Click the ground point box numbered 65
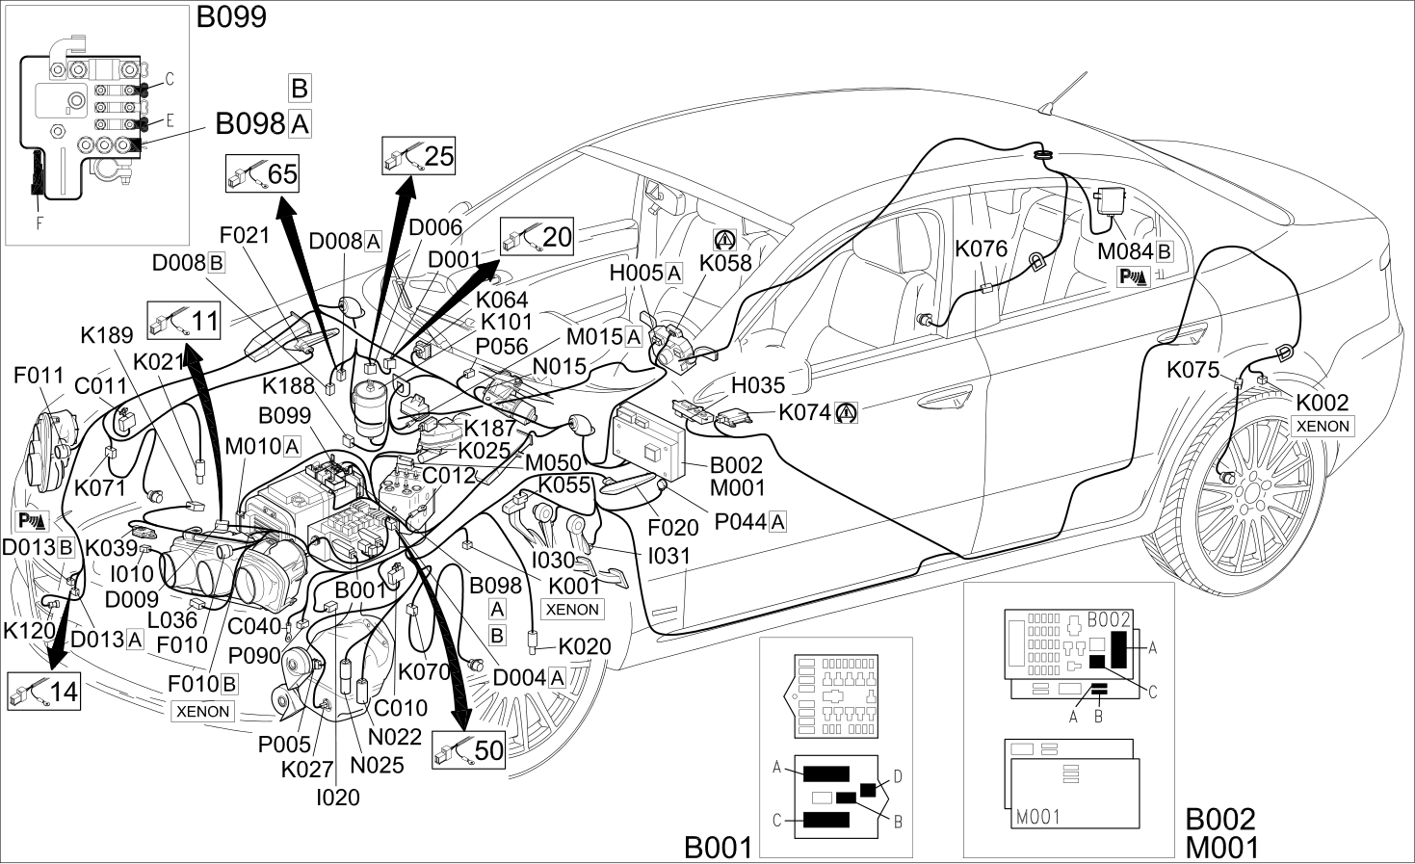pyautogui.click(x=262, y=173)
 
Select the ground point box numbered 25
pyautogui.click(x=418, y=156)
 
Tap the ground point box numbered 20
pyautogui.click(x=537, y=237)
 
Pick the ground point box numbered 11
pyautogui.click(x=184, y=321)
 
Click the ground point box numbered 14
pyautogui.click(x=44, y=692)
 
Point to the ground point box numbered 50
pyautogui.click(x=469, y=750)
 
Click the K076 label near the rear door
pyautogui.click(x=981, y=249)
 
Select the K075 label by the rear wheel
pyautogui.click(x=1192, y=370)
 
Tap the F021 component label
pyautogui.click(x=245, y=235)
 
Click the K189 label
pyautogui.click(x=107, y=335)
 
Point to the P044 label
pyautogui.click(x=741, y=522)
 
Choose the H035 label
pyautogui.click(x=758, y=384)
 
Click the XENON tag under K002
pyautogui.click(x=1323, y=427)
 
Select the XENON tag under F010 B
pyautogui.click(x=203, y=711)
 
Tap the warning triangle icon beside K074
pyautogui.click(x=846, y=413)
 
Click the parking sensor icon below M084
pyautogui.click(x=1134, y=276)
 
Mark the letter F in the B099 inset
pyautogui.click(x=39, y=223)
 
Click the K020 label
pyautogui.click(x=585, y=646)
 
